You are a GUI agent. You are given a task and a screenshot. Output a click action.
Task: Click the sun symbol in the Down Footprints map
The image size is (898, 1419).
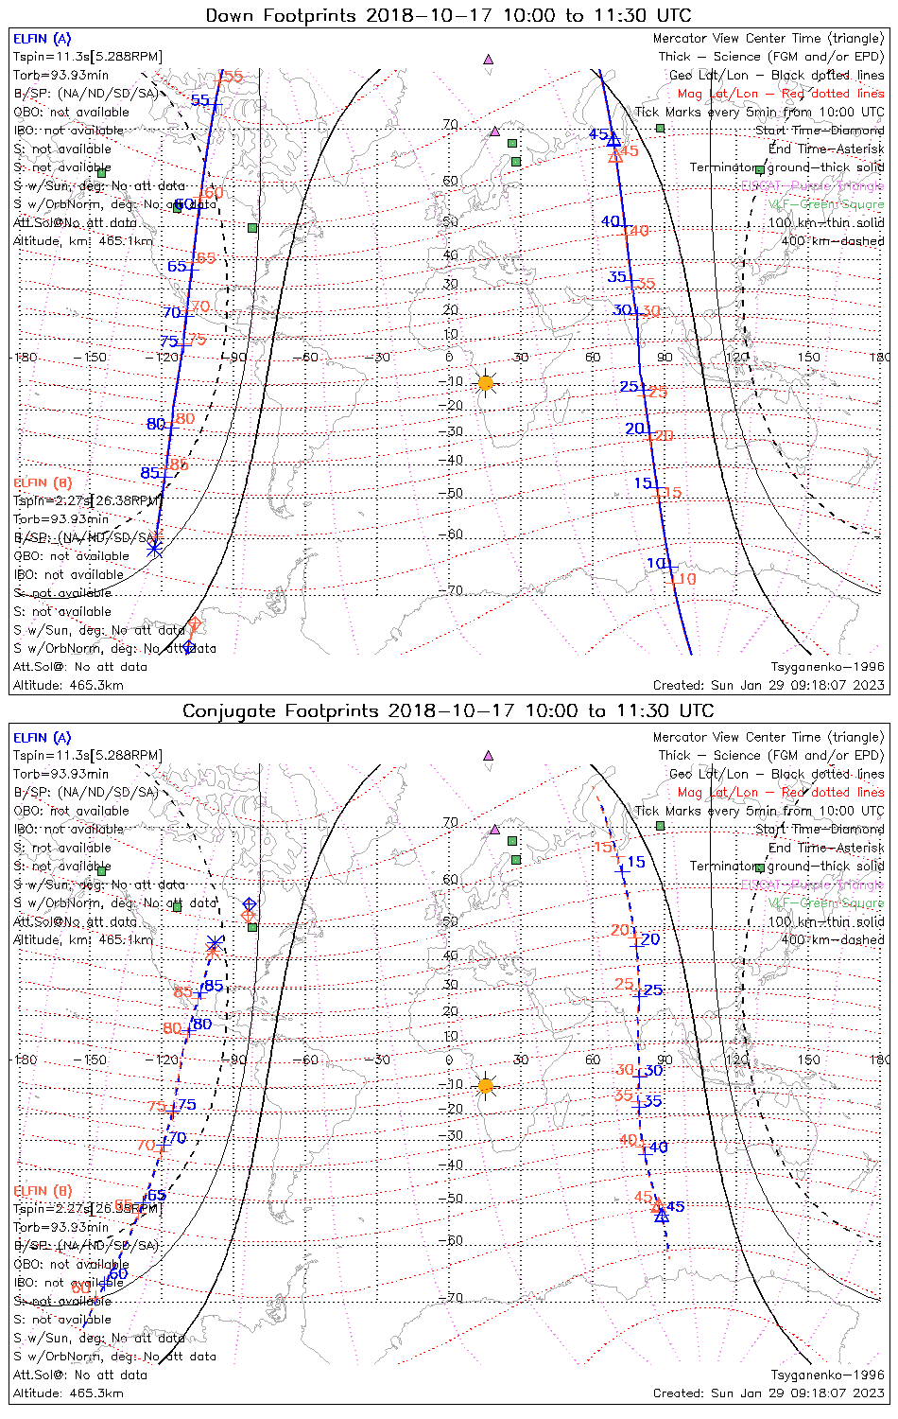pos(486,383)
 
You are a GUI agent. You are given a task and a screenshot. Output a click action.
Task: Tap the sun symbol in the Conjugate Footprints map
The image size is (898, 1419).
pos(486,1085)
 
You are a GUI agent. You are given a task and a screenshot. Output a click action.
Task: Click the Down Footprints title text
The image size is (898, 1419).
pos(448,15)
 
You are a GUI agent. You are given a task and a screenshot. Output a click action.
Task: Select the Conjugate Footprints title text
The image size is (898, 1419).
pos(448,710)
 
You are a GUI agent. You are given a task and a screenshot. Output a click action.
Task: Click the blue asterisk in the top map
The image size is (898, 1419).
pos(155,548)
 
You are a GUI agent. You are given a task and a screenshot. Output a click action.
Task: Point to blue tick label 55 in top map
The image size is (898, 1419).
pos(200,100)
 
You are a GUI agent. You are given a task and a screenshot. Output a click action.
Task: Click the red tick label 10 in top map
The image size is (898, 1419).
pos(686,579)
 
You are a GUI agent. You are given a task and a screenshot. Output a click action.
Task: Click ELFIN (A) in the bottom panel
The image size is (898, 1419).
pos(43,738)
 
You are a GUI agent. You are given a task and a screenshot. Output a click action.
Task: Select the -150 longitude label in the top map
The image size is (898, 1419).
pos(95,358)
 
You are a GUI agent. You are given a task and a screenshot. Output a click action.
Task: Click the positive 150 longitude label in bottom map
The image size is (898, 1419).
pos(809,1060)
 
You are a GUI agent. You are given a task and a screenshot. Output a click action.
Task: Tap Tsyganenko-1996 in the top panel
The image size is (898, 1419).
pos(827,667)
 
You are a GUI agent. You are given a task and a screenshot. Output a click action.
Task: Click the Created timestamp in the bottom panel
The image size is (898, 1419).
pos(768,1393)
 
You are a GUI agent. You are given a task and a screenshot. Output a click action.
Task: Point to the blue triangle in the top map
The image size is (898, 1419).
pos(613,139)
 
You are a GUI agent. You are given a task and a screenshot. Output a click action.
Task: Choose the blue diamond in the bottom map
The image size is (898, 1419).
pos(249,904)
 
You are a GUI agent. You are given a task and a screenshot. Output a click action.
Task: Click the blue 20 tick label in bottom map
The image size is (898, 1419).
pos(650,939)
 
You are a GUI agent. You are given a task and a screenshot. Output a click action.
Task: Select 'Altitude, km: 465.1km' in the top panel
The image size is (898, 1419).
pos(83,241)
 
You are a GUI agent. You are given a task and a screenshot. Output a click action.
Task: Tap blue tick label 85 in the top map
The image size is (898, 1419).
pos(149,473)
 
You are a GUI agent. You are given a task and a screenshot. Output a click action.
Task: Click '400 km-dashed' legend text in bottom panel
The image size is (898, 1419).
pos(833,939)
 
